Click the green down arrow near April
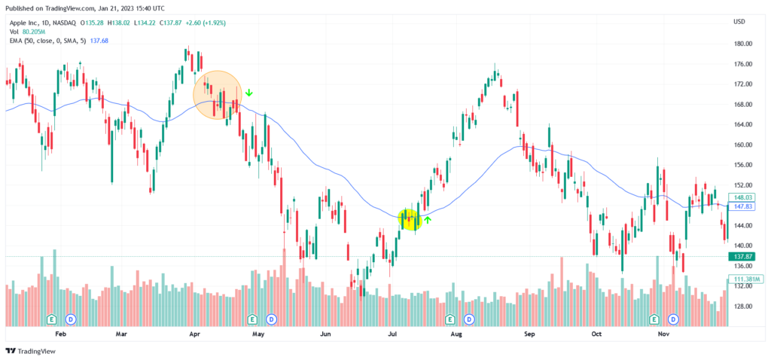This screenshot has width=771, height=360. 249,93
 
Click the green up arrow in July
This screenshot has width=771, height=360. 428,220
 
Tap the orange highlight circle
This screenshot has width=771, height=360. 218,95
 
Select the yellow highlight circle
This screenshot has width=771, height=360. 410,219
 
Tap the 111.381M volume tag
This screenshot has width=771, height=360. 745,279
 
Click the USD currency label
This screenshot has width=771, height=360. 739,21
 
